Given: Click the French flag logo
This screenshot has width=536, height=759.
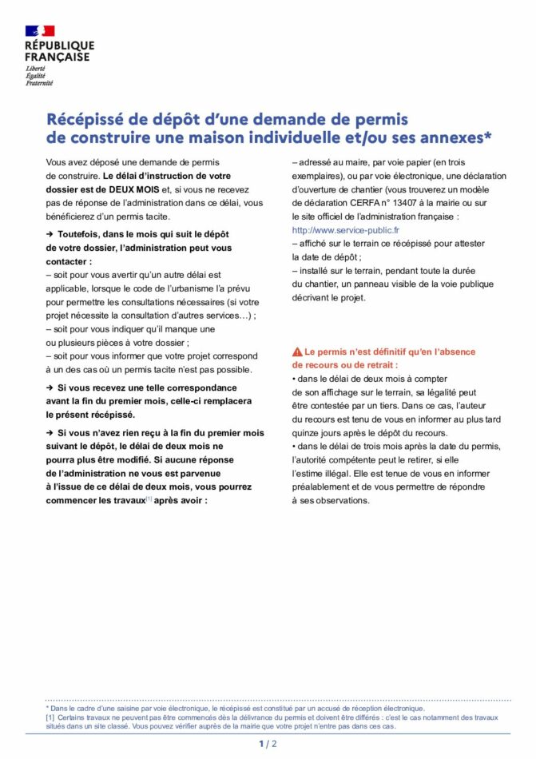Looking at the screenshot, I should pos(40,31).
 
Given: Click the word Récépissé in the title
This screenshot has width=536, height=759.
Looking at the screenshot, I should pos(84,120).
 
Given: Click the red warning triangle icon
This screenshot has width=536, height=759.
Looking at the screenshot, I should pos(297,352).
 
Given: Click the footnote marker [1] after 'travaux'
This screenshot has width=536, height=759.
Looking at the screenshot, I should pos(148,499).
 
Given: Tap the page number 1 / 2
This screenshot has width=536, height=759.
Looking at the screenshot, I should pos(268,744).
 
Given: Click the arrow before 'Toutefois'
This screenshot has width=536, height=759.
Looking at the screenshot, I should pos(50,233).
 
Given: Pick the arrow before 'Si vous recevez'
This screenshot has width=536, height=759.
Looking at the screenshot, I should pos(50,387).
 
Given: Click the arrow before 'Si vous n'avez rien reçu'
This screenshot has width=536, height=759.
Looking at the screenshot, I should pos(50,432).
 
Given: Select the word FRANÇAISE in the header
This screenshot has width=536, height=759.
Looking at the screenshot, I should pos(57,58).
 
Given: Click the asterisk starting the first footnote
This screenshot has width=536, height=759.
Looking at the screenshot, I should pos(47,708).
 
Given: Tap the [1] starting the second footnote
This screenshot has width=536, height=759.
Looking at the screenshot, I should pos(50,717).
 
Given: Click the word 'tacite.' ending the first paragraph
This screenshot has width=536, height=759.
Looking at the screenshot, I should pos(156,217).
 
